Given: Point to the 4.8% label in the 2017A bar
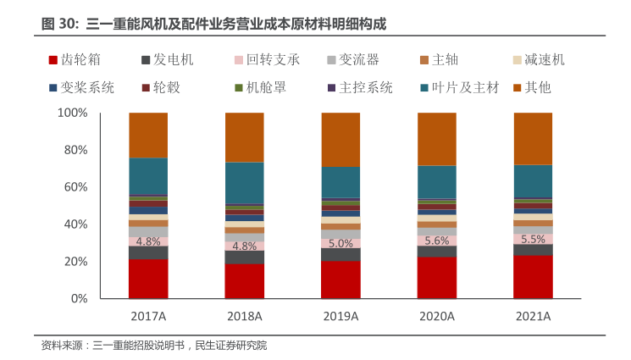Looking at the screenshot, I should click(x=148, y=241).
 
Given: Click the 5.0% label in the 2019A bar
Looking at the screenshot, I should click(x=340, y=243).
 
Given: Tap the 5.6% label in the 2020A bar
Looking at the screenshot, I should click(x=437, y=241).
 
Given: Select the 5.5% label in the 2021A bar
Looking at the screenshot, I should click(x=533, y=240).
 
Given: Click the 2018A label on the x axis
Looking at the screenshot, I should click(x=244, y=316).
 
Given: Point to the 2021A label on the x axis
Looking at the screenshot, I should click(x=533, y=316).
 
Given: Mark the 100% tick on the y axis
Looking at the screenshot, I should click(x=73, y=113).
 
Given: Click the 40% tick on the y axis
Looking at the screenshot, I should click(x=76, y=224).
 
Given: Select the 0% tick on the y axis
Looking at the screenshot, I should click(x=80, y=299).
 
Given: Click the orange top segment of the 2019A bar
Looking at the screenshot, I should click(x=340, y=140).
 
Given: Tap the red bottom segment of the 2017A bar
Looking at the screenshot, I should click(x=148, y=279).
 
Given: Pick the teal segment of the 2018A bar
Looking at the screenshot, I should click(x=244, y=183).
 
